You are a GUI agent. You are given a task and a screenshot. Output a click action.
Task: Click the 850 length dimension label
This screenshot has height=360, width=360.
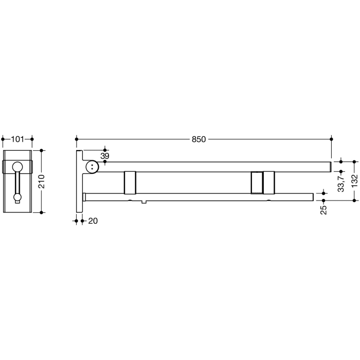tap(199, 139)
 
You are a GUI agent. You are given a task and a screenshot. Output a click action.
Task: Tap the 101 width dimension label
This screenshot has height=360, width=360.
tap(17, 139)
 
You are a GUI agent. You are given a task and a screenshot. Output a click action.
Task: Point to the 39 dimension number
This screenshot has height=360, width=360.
tap(105, 156)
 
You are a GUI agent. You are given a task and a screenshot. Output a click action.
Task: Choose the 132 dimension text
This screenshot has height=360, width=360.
tap(354, 181)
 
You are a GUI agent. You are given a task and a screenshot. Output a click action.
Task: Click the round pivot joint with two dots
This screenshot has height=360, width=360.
tap(93, 166)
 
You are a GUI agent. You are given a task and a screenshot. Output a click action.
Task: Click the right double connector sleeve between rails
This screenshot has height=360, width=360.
tap(263, 182)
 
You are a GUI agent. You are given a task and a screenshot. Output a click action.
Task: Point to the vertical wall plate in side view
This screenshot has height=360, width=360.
tap(80, 181)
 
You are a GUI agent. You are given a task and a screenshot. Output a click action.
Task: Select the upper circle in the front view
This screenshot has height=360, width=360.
tap(17, 167)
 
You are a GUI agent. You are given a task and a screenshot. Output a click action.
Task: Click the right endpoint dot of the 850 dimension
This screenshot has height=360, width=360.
tap(331, 139)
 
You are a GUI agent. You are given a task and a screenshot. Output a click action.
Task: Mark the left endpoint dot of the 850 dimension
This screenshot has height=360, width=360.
tap(77, 139)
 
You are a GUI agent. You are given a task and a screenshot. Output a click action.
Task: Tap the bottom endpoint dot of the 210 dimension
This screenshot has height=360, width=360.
tap(42, 211)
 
